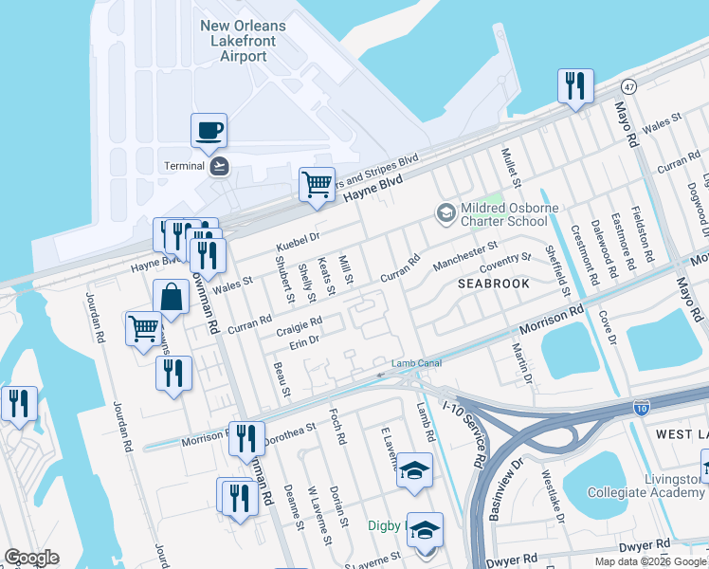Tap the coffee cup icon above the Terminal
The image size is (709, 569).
click(x=209, y=131)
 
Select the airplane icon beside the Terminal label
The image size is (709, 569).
click(x=220, y=166)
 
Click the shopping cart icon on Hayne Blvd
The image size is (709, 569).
click(x=317, y=183)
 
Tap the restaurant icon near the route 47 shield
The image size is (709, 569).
click(x=574, y=87)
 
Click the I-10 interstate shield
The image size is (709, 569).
click(x=642, y=408)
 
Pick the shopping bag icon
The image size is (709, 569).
click(x=171, y=298)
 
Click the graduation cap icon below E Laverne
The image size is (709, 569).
click(x=414, y=470)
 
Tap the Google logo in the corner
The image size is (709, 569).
click(x=31, y=558)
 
